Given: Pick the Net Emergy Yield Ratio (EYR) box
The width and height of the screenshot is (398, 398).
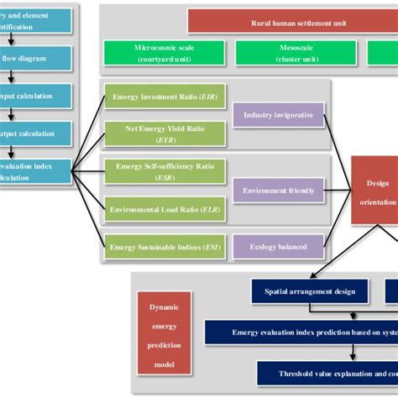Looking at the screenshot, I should [x=164, y=134].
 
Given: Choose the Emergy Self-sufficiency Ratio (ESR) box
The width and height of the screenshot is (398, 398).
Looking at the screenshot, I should [x=164, y=170].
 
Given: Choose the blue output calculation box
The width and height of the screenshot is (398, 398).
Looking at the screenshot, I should [x=34, y=134].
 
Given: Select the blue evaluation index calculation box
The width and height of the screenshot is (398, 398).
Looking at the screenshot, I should [x=34, y=171].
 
